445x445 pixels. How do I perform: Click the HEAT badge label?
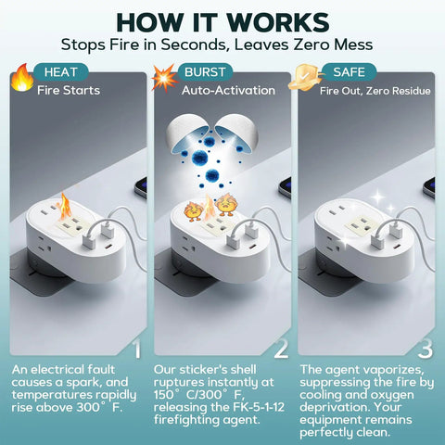coord(60,72)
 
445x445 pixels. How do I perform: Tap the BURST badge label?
coord(205,72)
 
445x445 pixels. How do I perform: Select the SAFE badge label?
coord(350,72)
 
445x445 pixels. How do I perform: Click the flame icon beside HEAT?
coord(22,78)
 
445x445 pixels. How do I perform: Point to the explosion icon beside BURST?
coord(164,78)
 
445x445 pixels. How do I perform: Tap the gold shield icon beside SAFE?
coord(305,77)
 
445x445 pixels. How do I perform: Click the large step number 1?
coord(137,350)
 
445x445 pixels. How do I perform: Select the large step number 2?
coord(281,350)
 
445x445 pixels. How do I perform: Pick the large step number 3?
coord(426,350)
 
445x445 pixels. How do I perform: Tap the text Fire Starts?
coord(69,91)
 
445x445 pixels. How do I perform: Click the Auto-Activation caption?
coord(228,91)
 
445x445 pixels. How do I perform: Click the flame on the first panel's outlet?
coord(65,207)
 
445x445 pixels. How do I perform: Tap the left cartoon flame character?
coord(194,211)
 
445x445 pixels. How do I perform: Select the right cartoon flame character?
coord(225,205)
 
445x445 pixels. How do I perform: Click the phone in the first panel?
coord(141,187)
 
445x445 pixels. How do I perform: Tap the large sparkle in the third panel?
coord(377,197)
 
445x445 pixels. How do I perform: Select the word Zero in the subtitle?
coord(311,44)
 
